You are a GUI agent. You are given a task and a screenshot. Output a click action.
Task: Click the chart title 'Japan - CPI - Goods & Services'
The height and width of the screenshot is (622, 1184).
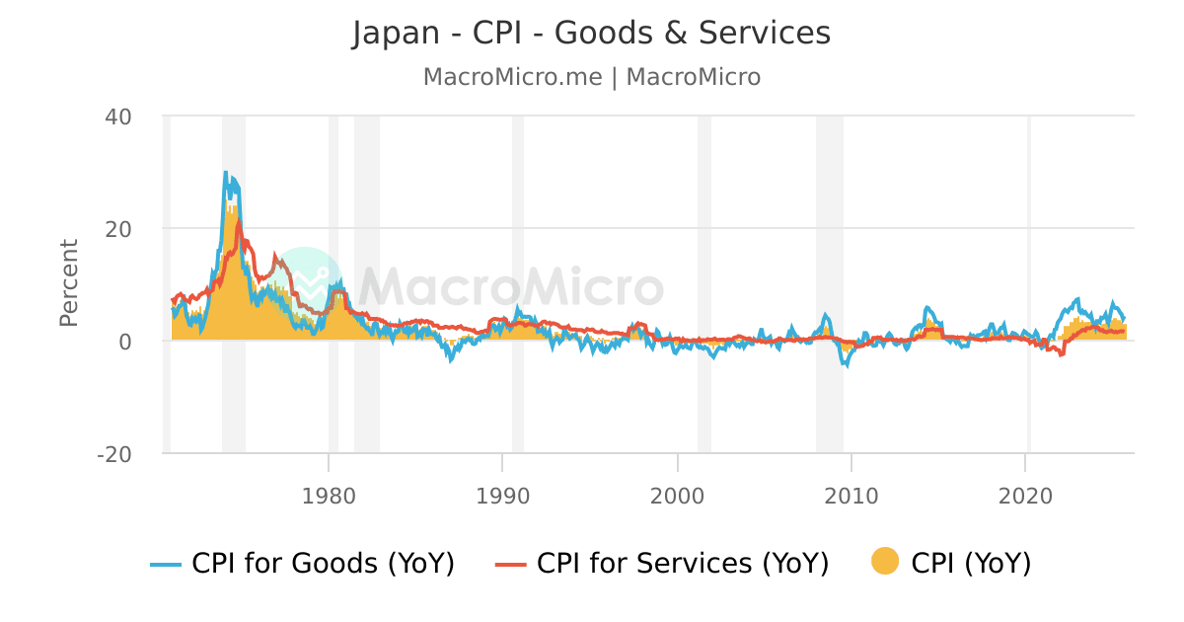click(591, 34)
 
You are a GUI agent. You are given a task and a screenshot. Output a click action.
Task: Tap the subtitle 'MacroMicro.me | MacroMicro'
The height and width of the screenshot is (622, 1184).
click(591, 77)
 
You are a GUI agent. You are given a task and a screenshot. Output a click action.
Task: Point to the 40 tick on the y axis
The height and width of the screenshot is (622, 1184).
click(118, 117)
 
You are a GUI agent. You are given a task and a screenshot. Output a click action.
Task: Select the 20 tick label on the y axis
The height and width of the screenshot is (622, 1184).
click(118, 229)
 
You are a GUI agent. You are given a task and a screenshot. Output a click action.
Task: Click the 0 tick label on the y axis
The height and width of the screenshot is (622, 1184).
click(125, 342)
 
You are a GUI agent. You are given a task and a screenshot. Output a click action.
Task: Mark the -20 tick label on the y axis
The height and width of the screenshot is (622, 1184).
click(114, 454)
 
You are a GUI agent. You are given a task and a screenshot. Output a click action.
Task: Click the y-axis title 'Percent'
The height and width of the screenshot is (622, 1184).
click(69, 282)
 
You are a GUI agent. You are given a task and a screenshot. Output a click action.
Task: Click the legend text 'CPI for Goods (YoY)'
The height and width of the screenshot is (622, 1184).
click(323, 564)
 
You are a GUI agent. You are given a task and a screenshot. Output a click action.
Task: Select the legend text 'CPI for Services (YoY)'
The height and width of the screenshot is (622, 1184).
click(682, 564)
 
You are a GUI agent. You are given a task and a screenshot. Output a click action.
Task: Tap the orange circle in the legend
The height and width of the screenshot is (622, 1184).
click(885, 563)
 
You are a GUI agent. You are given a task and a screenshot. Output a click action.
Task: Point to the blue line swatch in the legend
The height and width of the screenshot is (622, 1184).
click(166, 564)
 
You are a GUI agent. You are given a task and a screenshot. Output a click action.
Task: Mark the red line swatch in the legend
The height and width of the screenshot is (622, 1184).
click(510, 564)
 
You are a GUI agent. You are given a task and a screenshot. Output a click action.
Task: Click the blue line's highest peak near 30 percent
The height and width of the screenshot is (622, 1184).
click(225, 173)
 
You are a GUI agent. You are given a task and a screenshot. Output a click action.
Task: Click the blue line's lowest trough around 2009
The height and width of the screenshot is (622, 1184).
click(845, 365)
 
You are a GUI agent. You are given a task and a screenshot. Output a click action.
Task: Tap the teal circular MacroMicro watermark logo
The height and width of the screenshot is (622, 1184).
click(305, 283)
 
